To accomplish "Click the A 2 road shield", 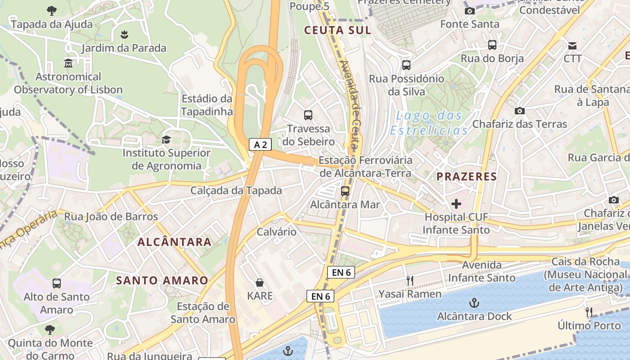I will click(261, 144).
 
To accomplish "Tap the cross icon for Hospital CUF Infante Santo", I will click(456, 204).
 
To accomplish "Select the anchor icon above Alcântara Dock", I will click(474, 303).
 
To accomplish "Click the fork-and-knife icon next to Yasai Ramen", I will click(409, 281).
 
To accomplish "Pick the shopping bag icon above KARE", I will click(260, 283).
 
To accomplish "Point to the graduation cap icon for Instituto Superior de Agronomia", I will click(166, 139).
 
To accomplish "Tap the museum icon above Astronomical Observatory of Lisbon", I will click(68, 63).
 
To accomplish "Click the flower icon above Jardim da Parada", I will click(124, 34).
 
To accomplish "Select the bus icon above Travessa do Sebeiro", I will click(308, 115).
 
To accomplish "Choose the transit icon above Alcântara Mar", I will click(345, 191).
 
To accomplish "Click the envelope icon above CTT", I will click(572, 45).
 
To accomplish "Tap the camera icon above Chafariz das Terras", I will click(520, 111).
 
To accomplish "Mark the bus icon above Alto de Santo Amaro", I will click(57, 283).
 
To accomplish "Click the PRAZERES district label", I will click(467, 176).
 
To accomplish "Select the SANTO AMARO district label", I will click(162, 281).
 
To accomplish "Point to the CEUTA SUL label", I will click(338, 31).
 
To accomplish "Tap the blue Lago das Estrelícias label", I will click(428, 123).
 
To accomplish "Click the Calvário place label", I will click(277, 232).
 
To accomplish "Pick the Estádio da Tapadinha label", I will click(207, 105).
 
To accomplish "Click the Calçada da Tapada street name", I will click(236, 190).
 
